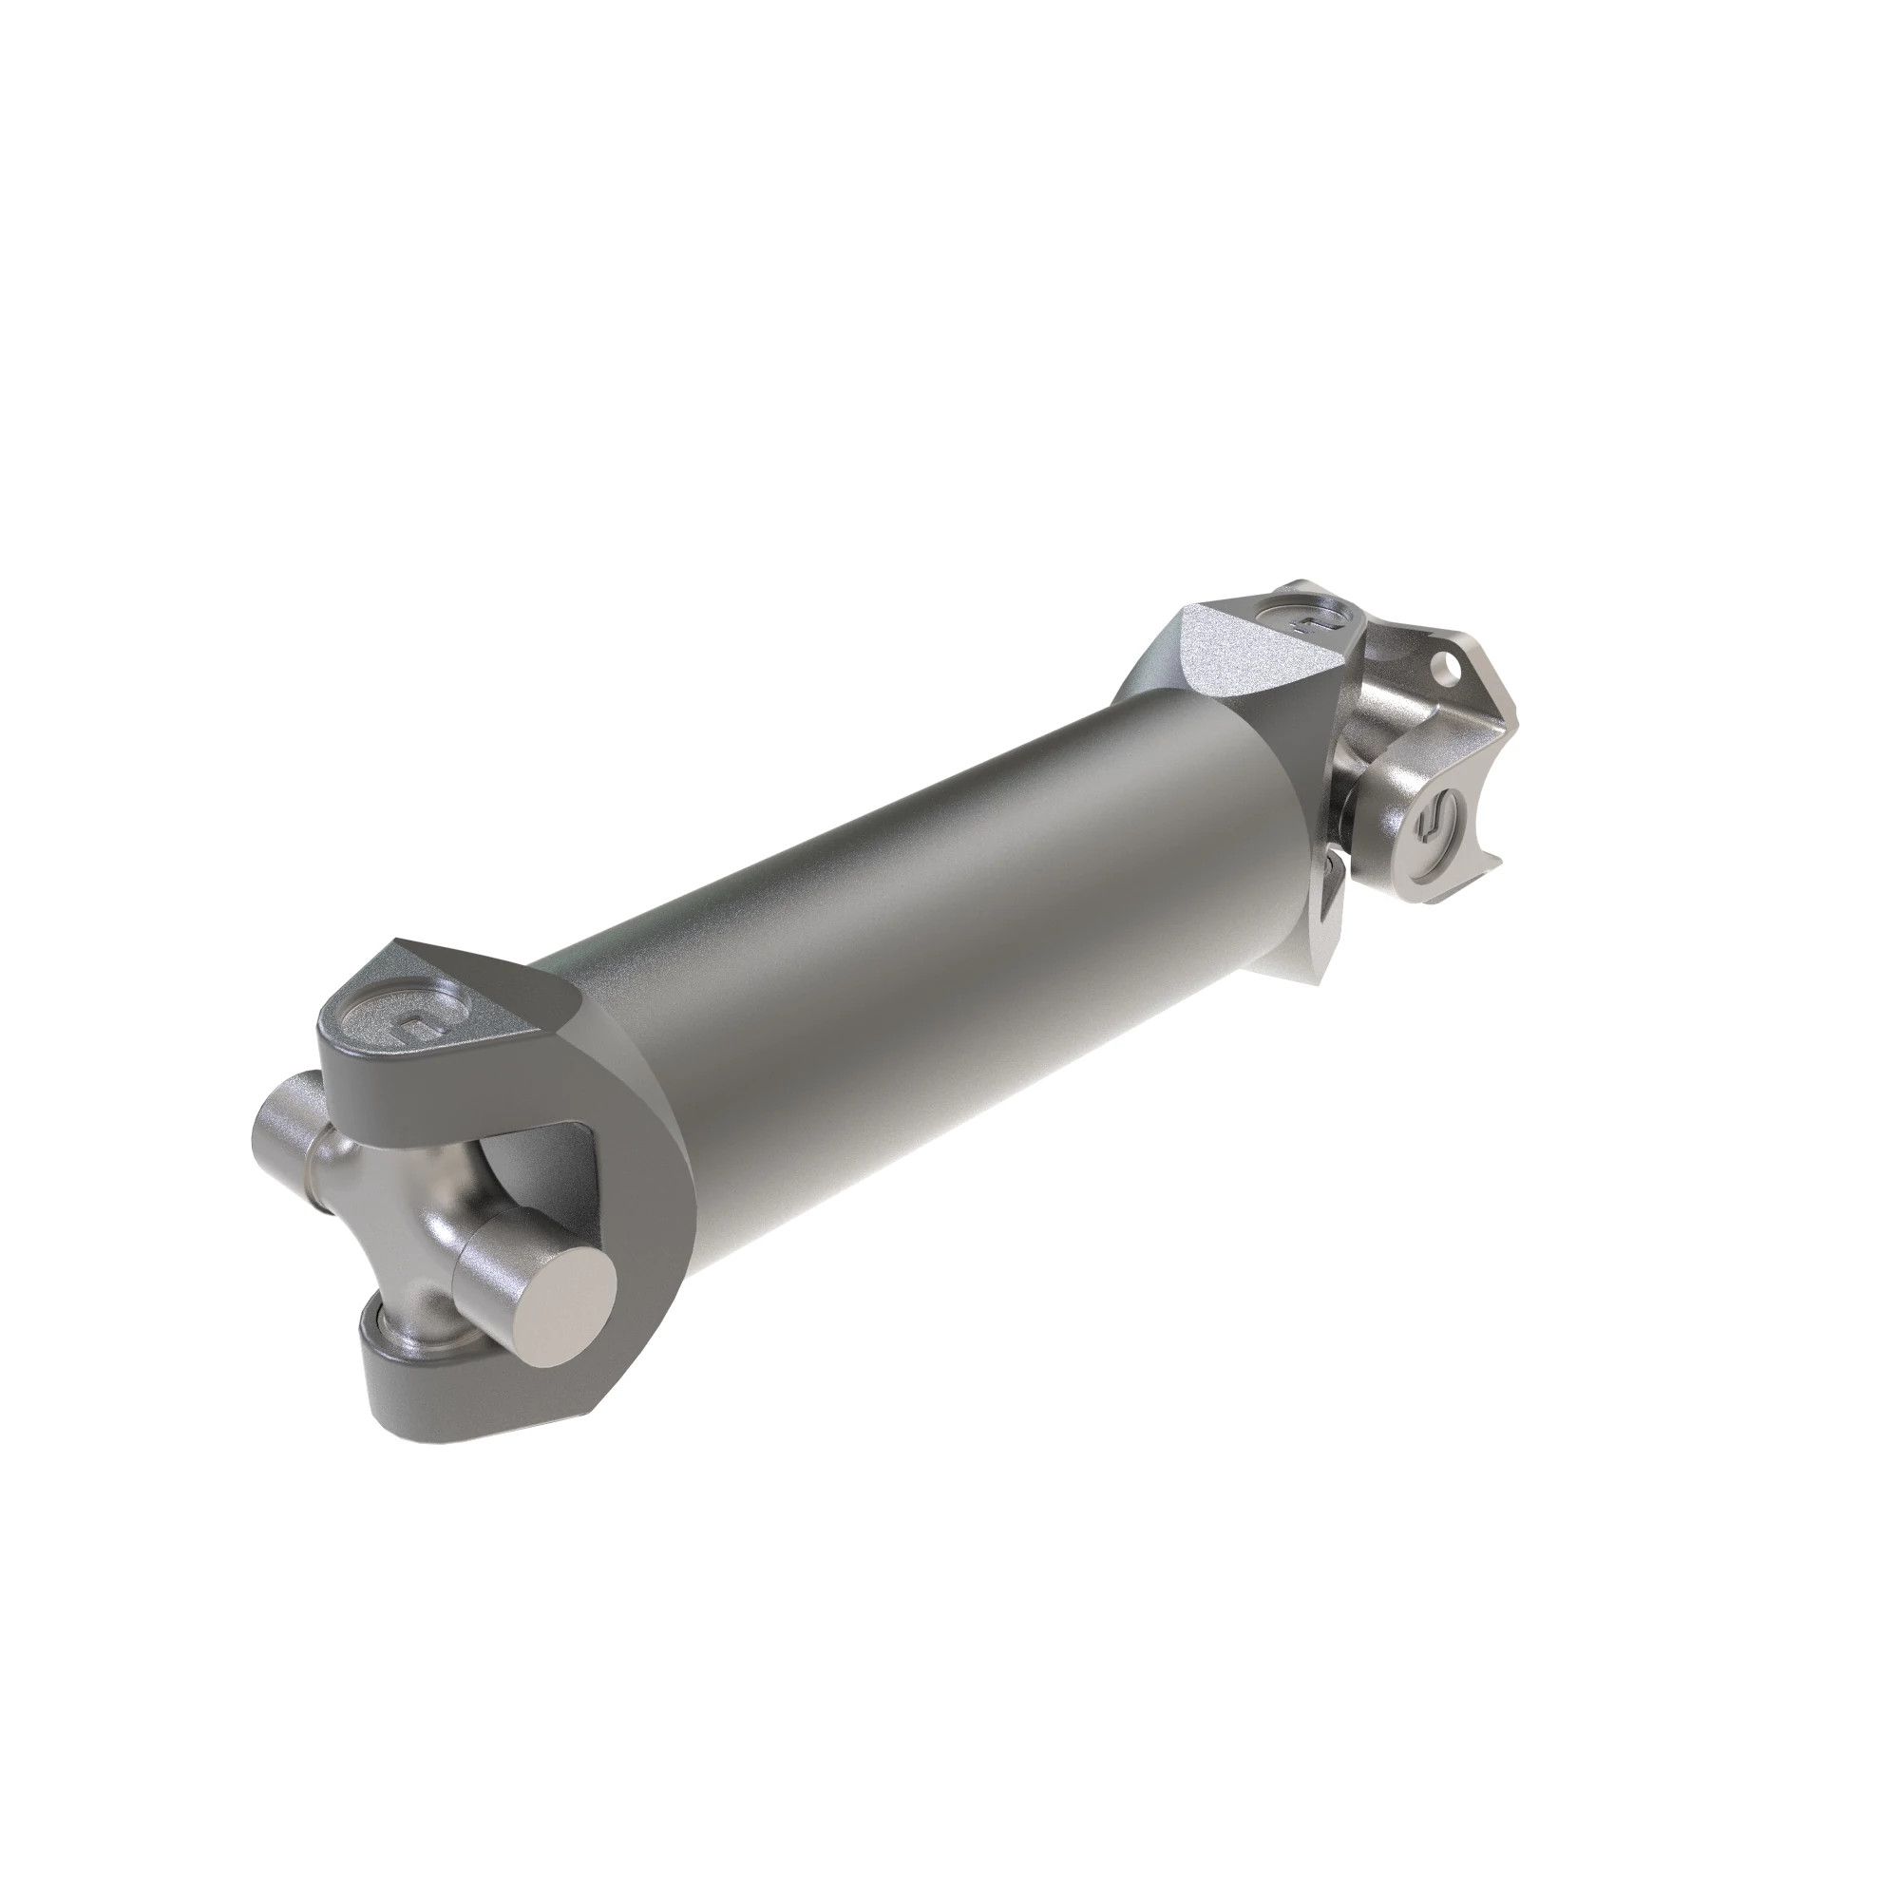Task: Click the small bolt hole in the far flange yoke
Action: pos(1444,673)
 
